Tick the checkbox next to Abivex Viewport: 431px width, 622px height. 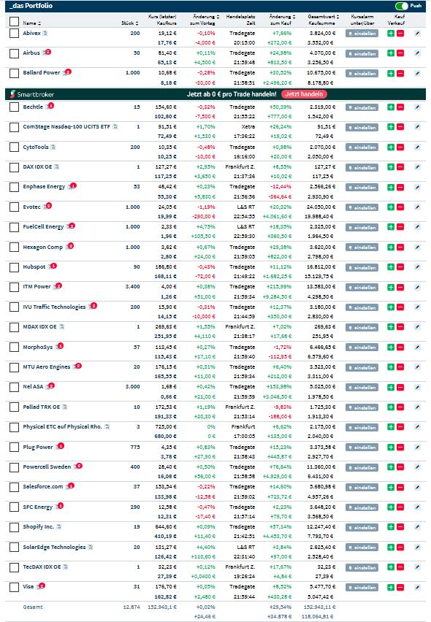click(14, 34)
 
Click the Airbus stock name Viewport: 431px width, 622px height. click(31, 53)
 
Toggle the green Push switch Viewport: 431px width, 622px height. click(401, 5)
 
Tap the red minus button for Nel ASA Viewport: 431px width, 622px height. click(400, 386)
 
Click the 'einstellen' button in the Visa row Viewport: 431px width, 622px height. click(362, 586)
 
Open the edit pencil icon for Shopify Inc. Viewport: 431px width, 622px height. click(417, 526)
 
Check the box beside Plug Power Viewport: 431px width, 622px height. click(14, 447)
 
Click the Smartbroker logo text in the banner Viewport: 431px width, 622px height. click(34, 94)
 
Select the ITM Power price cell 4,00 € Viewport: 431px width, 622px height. click(167, 286)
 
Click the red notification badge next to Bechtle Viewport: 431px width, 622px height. click(50, 106)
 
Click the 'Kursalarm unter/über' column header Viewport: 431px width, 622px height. click(362, 19)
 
